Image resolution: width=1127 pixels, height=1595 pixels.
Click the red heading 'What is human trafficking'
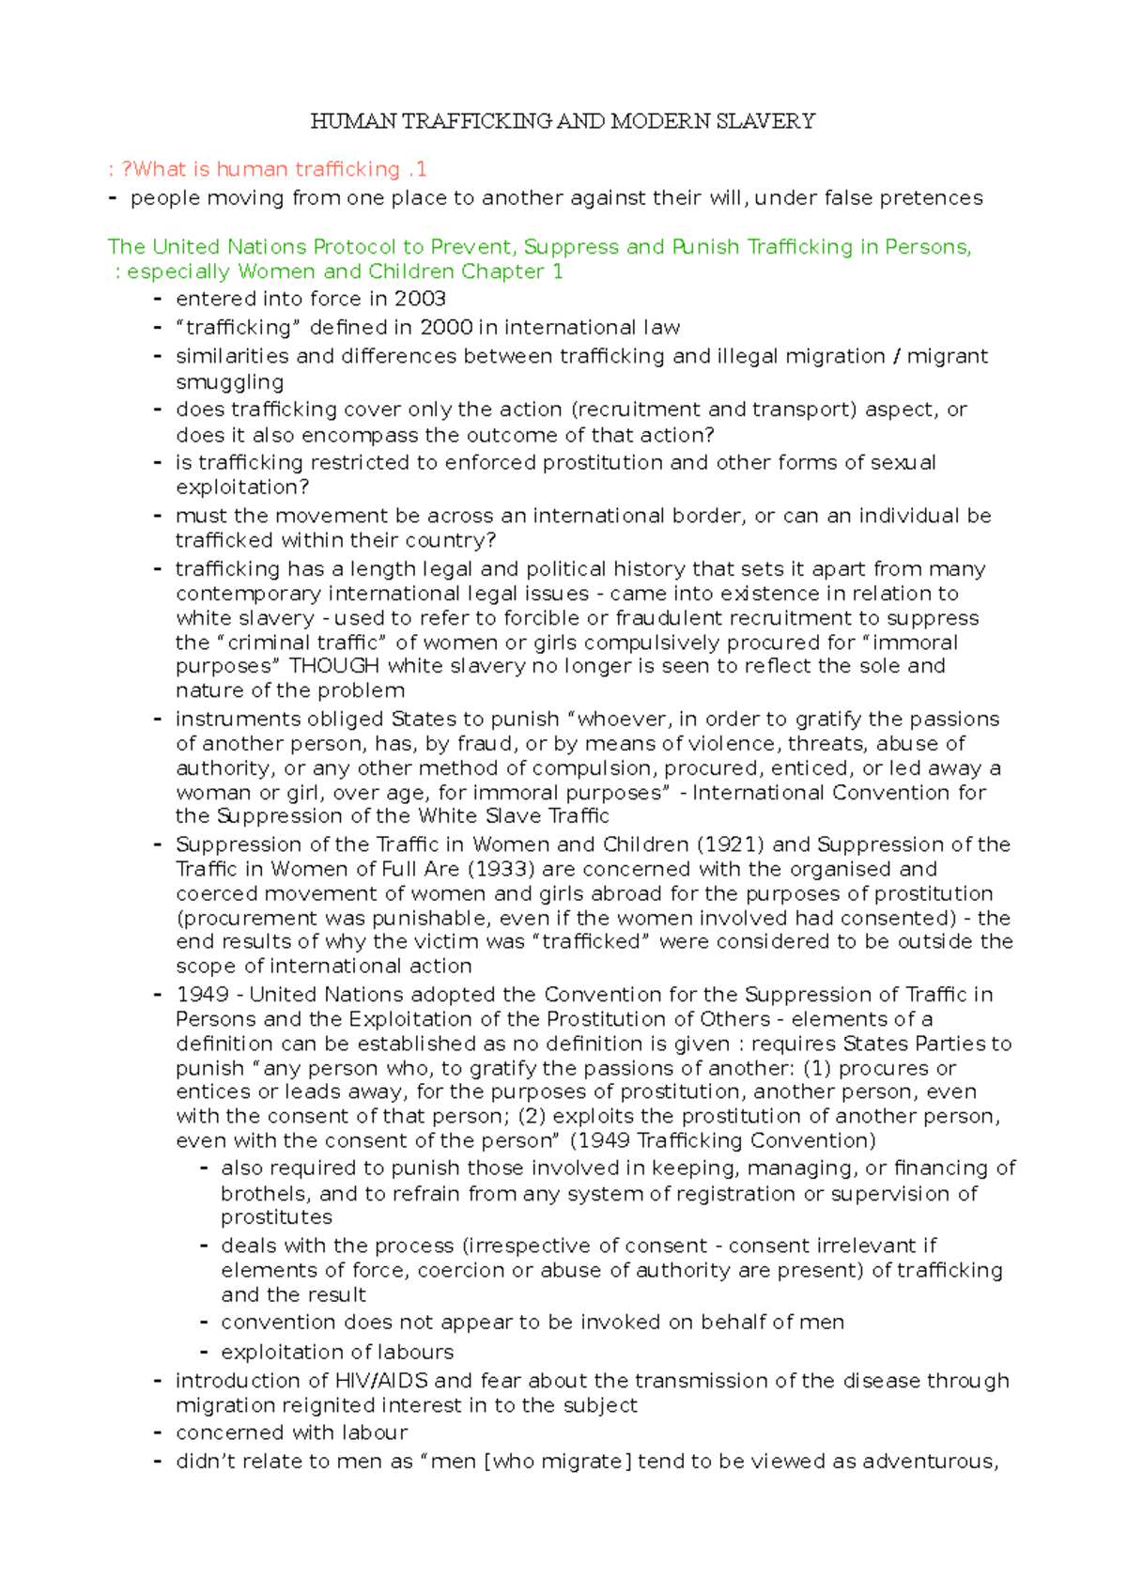[268, 169]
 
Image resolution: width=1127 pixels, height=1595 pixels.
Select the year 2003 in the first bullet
[420, 299]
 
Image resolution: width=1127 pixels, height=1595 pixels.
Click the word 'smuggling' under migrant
[229, 382]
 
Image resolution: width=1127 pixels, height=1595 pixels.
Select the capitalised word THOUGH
[333, 666]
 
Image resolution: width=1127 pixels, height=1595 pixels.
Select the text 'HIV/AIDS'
[381, 1381]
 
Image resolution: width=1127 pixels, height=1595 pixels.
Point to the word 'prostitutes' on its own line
[276, 1217]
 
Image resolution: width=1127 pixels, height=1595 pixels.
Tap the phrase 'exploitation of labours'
[336, 1352]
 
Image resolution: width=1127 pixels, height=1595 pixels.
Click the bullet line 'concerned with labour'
[291, 1432]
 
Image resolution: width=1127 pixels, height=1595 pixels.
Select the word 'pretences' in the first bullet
[936, 198]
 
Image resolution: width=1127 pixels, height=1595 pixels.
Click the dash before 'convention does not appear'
[203, 1323]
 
